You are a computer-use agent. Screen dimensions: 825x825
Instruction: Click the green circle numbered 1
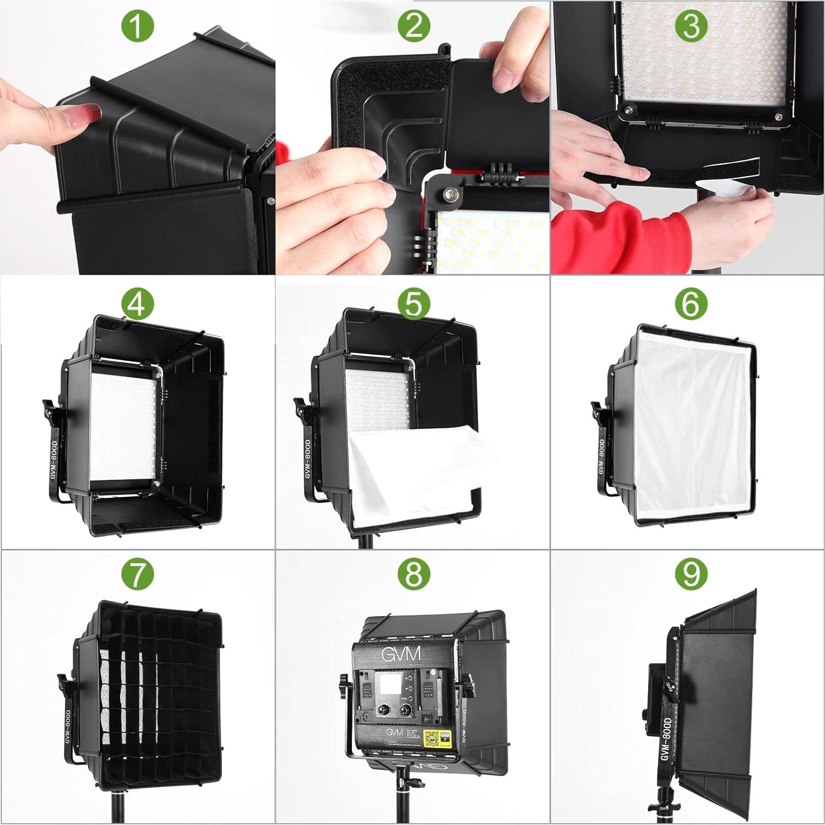(x=137, y=26)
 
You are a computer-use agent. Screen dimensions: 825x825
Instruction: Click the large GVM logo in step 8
(x=402, y=654)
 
